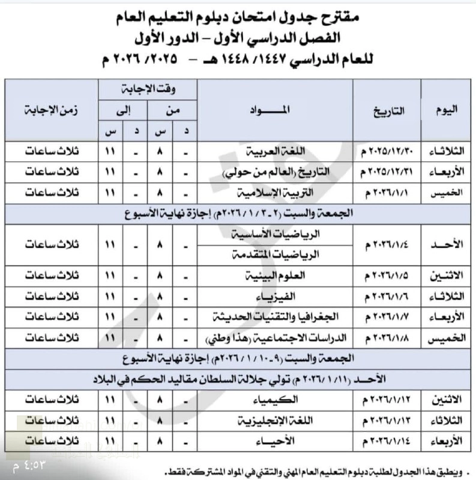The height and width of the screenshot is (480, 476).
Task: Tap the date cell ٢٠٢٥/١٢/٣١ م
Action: [x=387, y=173]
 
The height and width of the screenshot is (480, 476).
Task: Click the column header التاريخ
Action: [x=387, y=110]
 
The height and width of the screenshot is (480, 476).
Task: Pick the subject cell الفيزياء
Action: [x=275, y=296]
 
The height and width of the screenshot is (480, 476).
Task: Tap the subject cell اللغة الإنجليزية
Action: [x=275, y=420]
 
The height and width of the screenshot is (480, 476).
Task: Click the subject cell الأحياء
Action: [x=275, y=440]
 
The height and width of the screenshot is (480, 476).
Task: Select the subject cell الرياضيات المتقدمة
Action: [x=275, y=254]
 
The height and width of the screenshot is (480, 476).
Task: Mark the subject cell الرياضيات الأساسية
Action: [x=275, y=235]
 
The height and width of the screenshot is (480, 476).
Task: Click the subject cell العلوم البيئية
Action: [x=275, y=276]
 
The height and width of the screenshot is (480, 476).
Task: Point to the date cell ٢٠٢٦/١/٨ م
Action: [x=387, y=338]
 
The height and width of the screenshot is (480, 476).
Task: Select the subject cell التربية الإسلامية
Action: [x=275, y=193]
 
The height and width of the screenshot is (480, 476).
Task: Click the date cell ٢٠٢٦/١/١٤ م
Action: [x=387, y=440]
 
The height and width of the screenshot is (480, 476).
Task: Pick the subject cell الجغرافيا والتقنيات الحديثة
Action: [x=275, y=317]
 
